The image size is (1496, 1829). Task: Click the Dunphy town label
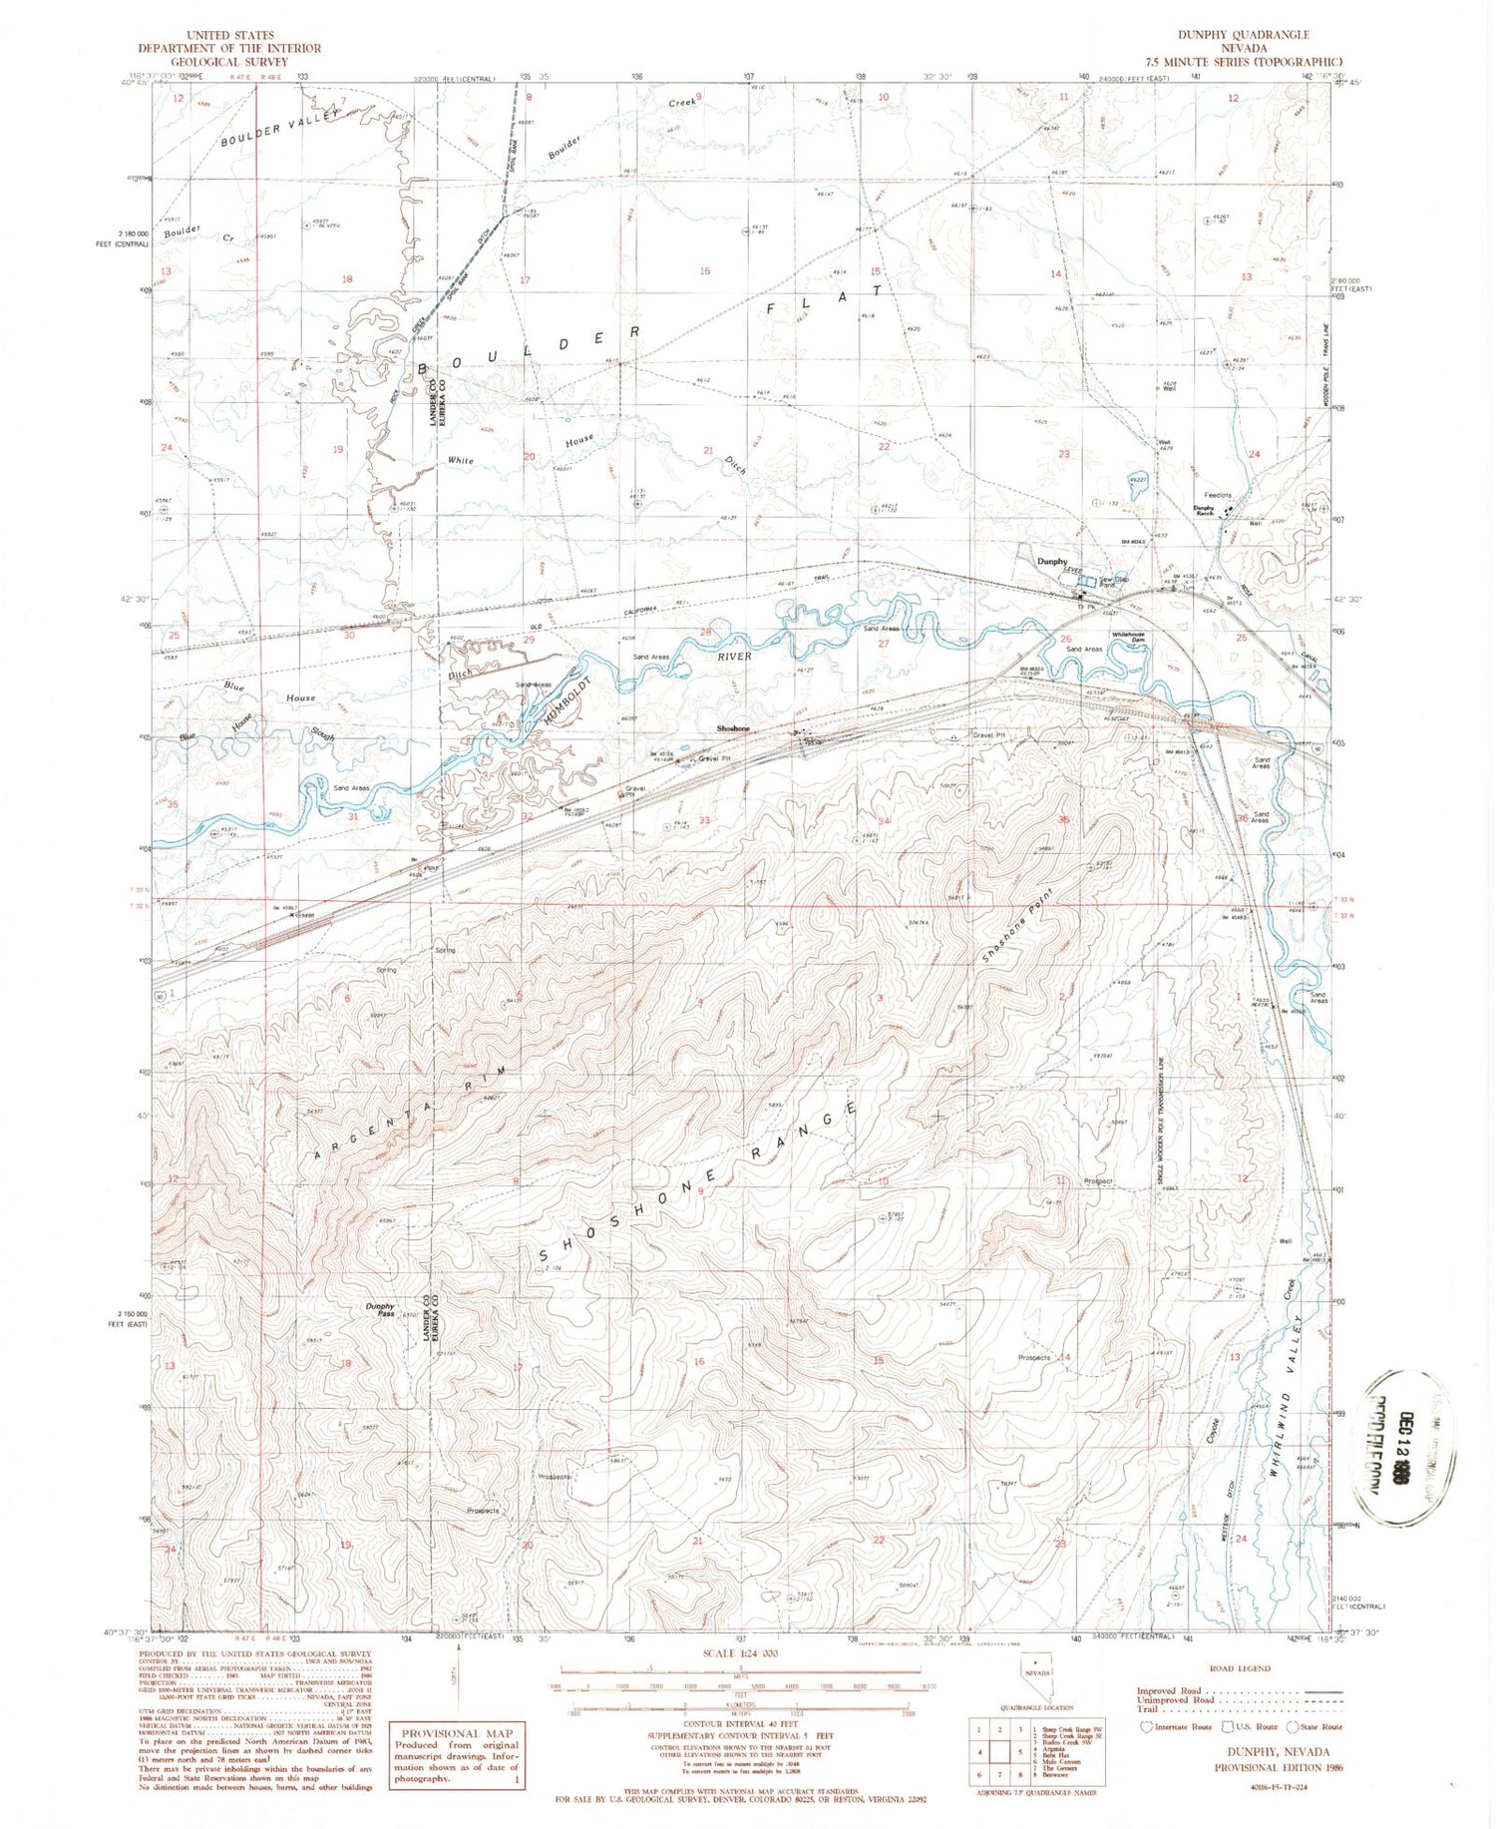tap(1051, 562)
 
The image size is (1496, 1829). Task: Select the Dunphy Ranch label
tap(1204, 510)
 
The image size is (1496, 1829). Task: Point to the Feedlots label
tap(1218, 495)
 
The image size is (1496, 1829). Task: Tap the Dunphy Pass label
tap(380, 1309)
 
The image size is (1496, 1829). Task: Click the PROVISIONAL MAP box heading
tap(455, 1733)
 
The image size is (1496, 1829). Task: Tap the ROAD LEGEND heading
tap(1240, 1667)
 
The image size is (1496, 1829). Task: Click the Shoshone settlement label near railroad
tap(733, 728)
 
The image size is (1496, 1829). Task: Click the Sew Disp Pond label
tap(1114, 581)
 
